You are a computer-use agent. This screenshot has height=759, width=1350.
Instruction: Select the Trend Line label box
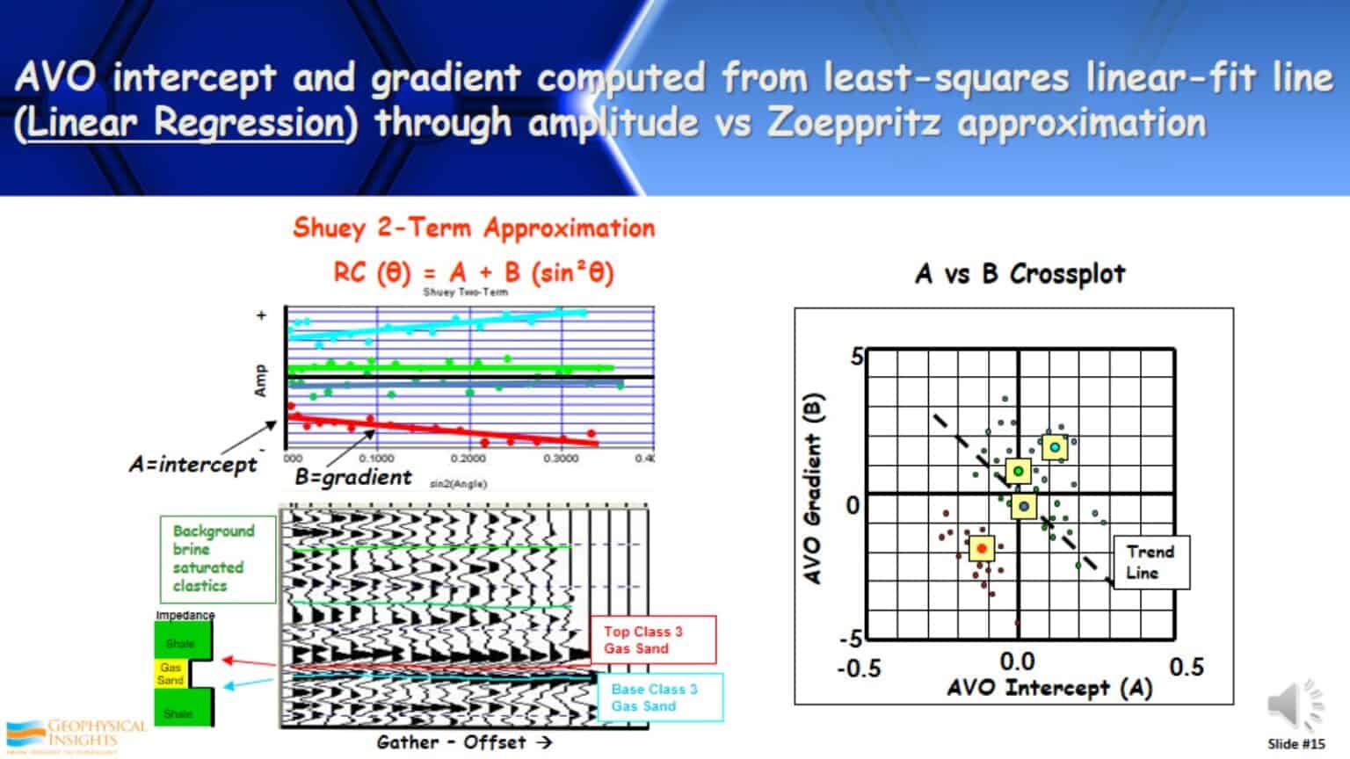pos(1150,562)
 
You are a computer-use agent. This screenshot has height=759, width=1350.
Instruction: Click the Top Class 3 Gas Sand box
pos(653,640)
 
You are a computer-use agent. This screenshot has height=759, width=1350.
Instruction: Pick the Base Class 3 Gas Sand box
pos(660,698)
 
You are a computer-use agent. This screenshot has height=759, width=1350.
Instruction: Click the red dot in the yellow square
pos(982,548)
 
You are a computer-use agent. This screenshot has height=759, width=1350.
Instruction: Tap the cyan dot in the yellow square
pos(1055,447)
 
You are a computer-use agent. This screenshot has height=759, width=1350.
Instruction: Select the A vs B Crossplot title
pos(1020,274)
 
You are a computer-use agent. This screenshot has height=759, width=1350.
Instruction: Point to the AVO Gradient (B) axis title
pos(813,488)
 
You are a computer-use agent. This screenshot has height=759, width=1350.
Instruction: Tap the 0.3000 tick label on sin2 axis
pos(560,459)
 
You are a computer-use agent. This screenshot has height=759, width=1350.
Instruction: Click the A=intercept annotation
pos(192,464)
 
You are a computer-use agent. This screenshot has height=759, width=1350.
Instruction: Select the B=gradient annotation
pos(352,477)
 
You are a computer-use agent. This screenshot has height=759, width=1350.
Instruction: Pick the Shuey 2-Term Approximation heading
pos(474,228)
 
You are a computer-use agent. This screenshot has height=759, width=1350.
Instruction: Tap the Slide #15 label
pos(1296,744)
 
